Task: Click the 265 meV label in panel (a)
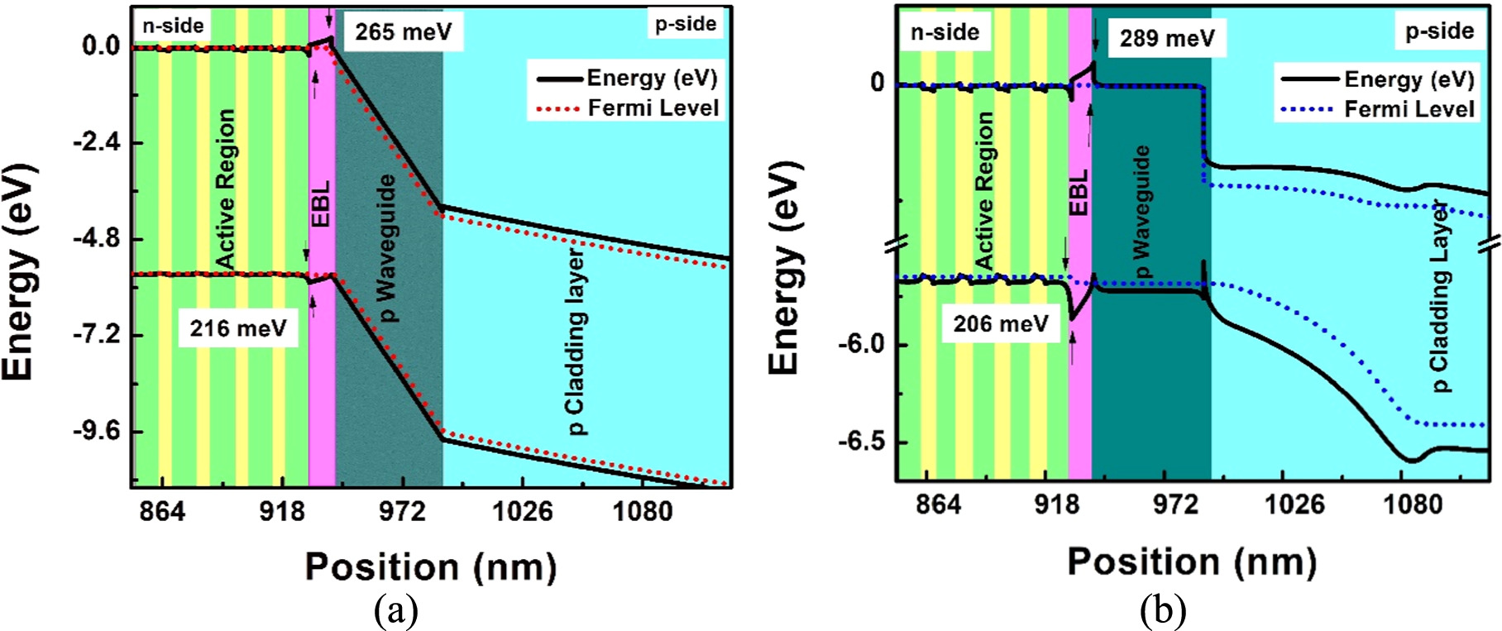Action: [x=403, y=32]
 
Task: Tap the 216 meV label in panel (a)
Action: [x=238, y=328]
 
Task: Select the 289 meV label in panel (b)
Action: [x=1166, y=38]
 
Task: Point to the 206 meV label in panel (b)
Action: [x=1001, y=323]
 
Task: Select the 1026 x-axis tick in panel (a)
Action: [x=523, y=512]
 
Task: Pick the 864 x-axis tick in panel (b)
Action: [x=938, y=505]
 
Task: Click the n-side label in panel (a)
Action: [x=173, y=26]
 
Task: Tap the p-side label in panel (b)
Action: [x=1439, y=31]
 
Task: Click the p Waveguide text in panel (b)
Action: [x=1141, y=211]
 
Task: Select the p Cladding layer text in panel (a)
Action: [x=576, y=342]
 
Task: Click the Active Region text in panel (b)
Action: [x=984, y=190]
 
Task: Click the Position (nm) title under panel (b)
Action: [x=1191, y=562]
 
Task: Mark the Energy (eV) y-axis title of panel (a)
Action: [x=20, y=273]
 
